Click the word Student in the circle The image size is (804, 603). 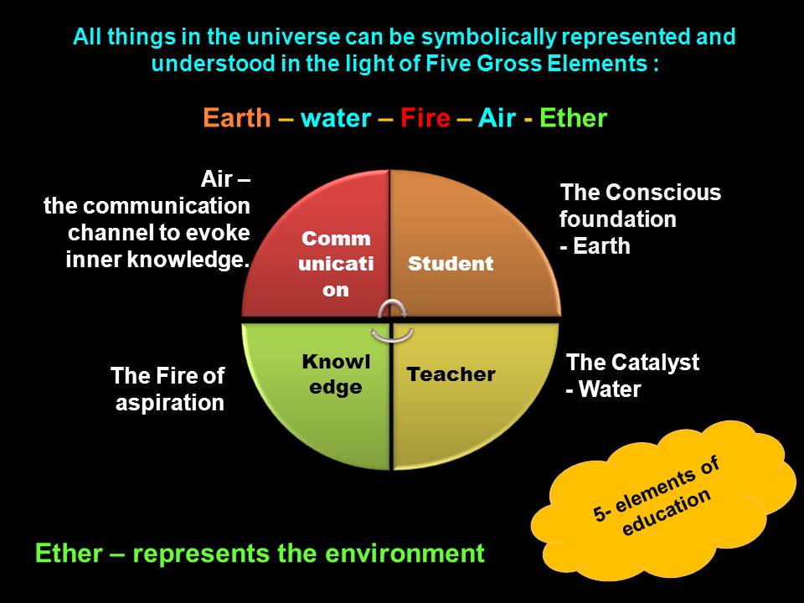[x=451, y=264]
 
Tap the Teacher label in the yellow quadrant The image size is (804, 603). [x=451, y=374]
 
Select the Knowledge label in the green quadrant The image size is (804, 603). [x=332, y=374]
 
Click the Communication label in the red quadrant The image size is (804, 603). [x=336, y=264]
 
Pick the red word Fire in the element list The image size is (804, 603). [x=425, y=118]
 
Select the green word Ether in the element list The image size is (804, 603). [x=573, y=118]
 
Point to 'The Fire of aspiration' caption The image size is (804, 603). [x=168, y=389]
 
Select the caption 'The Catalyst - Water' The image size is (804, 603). [x=632, y=376]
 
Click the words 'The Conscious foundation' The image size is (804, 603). [x=640, y=206]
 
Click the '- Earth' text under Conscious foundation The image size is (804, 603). [x=595, y=247]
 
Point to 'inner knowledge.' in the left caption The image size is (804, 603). [x=158, y=260]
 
